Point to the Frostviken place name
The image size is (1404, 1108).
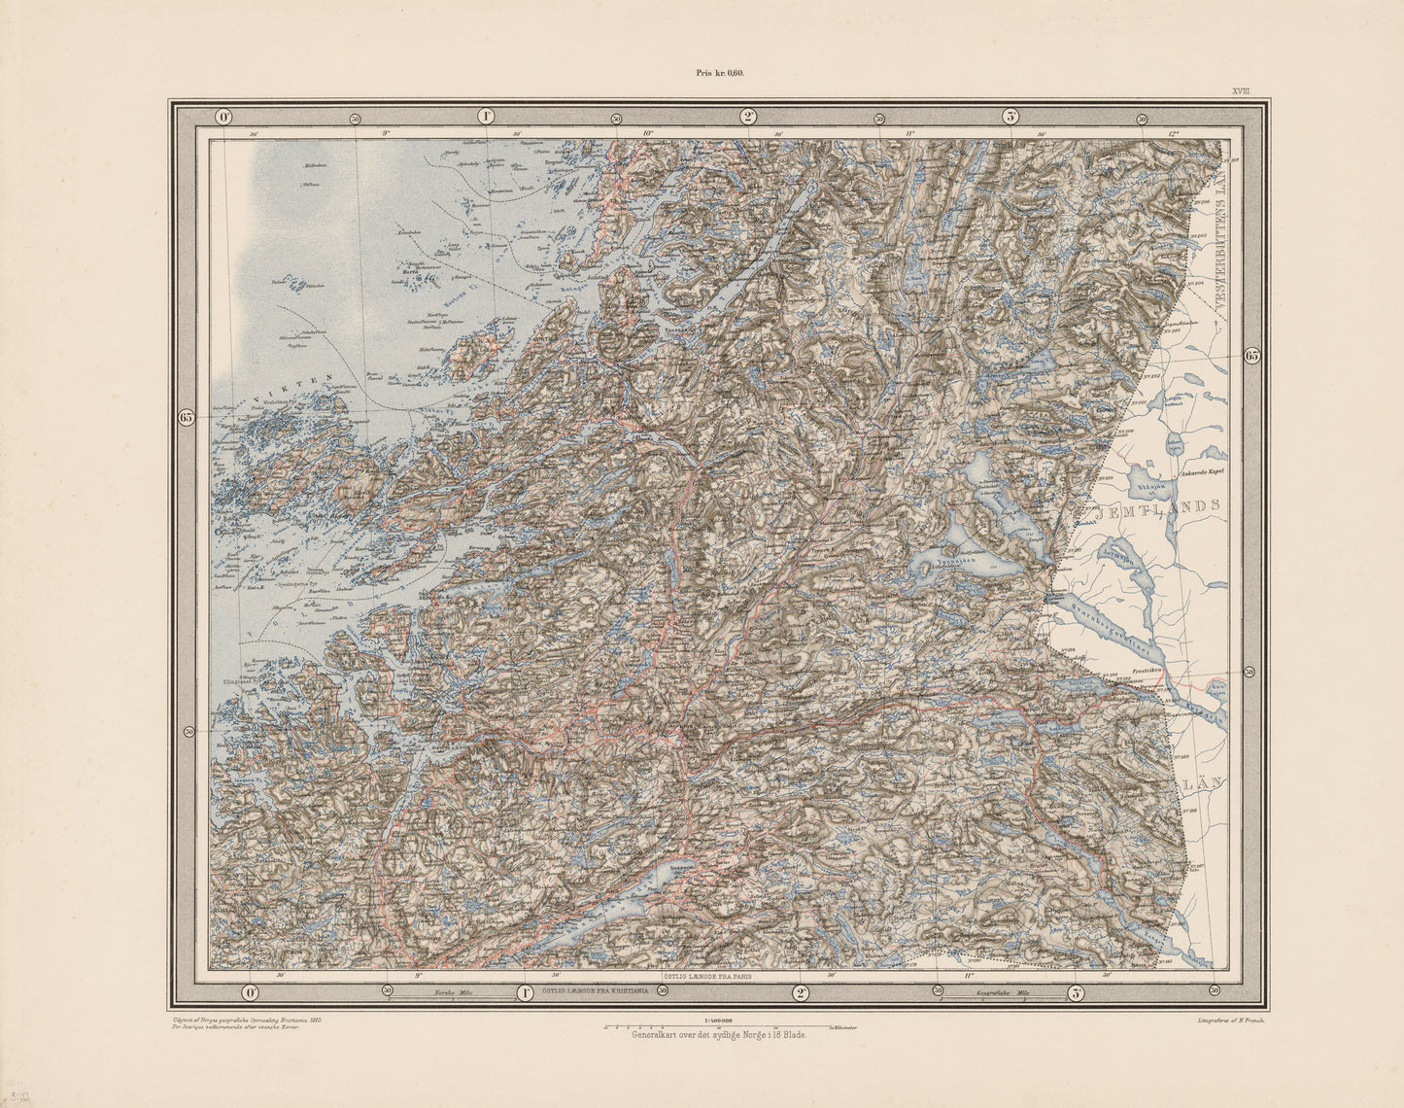click(x=1147, y=672)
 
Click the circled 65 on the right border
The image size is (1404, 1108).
click(x=1251, y=356)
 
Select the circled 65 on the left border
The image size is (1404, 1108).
click(x=188, y=417)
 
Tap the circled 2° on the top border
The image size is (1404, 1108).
click(x=748, y=117)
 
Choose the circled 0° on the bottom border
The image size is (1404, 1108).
click(x=249, y=992)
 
